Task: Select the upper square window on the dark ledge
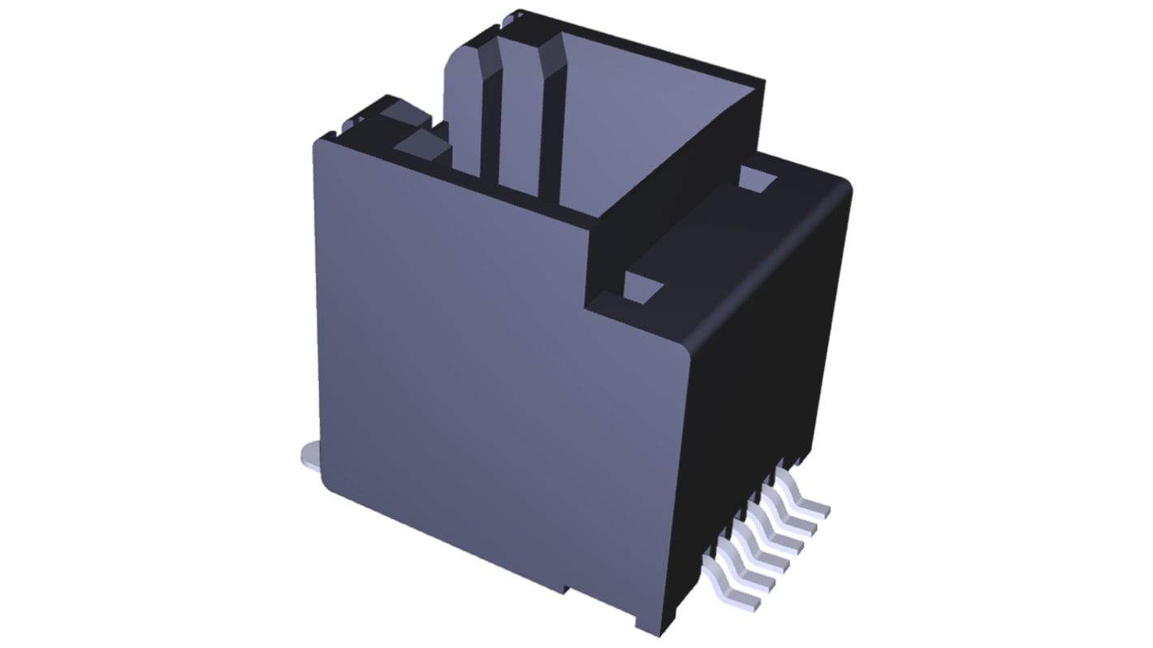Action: pyautogui.click(x=758, y=180)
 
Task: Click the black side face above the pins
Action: pyautogui.click(x=771, y=357)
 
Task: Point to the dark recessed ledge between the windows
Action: pyautogui.click(x=706, y=235)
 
